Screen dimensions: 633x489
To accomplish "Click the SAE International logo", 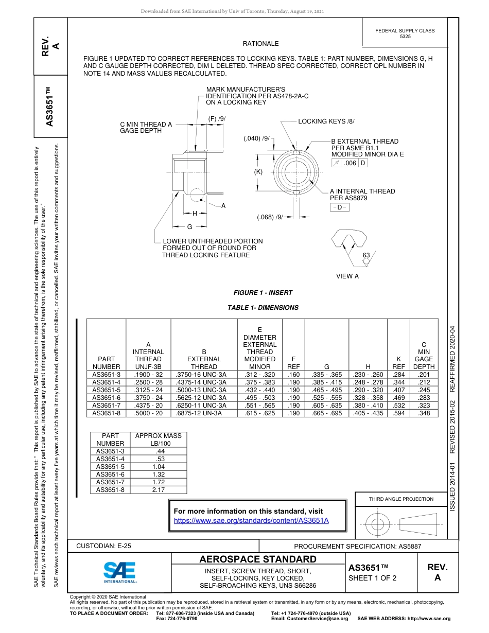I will click(x=120, y=572).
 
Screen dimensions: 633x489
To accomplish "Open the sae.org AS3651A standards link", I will click(x=251, y=521).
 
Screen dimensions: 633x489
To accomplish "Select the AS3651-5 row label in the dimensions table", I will click(x=106, y=390).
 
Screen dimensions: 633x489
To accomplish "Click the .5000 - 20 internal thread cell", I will click(x=148, y=413).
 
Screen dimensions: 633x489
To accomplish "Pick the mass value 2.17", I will click(x=158, y=489).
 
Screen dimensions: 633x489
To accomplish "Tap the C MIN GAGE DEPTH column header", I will click(x=424, y=355).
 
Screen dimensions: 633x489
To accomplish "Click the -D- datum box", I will click(x=339, y=207).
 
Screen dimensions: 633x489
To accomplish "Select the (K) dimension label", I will click(x=258, y=172).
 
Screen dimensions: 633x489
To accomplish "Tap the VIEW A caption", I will click(x=347, y=276).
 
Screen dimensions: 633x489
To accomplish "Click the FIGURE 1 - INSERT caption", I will click(x=263, y=293).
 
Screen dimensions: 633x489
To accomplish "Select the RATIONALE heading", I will click(x=260, y=44).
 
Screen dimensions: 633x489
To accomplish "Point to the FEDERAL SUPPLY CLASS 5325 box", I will click(x=405, y=34).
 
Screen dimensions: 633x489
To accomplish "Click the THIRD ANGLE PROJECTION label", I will click(x=401, y=499).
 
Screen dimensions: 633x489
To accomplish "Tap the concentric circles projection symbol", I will click(x=378, y=524).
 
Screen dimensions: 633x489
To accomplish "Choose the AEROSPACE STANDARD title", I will click(x=258, y=559).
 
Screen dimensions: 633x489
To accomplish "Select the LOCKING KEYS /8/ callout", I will click(x=326, y=121).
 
